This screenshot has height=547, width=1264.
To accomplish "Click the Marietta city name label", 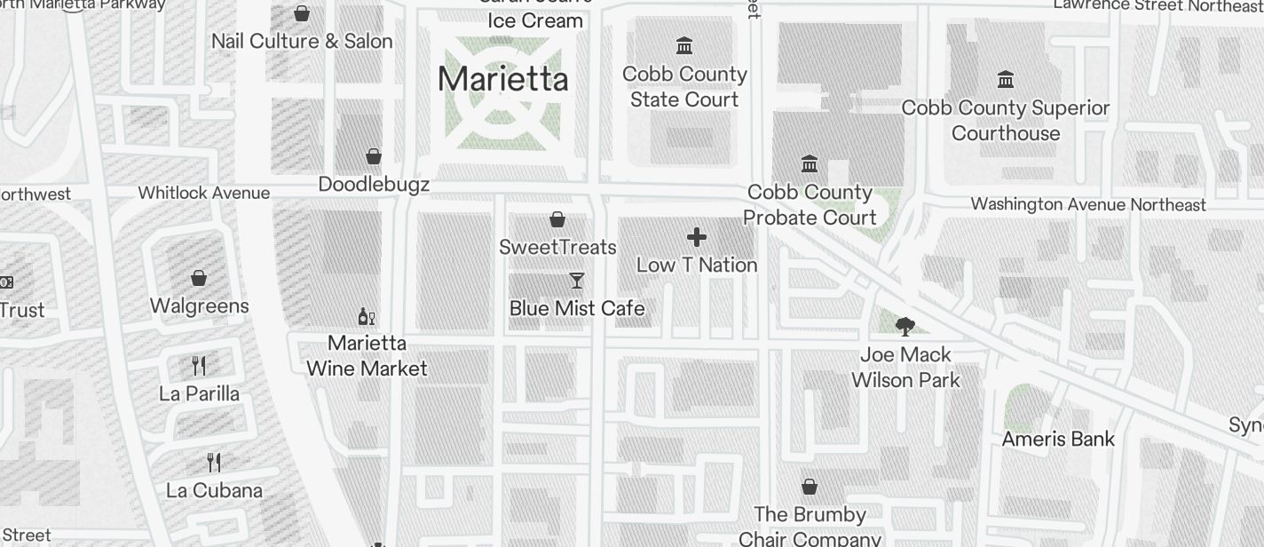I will (502, 79).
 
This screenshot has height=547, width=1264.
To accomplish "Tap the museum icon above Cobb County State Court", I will (684, 45).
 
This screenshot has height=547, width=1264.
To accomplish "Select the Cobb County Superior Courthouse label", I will (1006, 121).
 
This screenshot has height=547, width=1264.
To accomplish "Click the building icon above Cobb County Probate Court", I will (810, 164).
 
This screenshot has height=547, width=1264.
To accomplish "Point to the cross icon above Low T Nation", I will (697, 237).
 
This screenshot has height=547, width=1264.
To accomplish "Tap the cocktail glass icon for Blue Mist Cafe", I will (577, 281).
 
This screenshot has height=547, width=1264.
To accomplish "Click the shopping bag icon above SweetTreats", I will (557, 219).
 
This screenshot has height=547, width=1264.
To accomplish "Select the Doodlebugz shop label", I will (374, 185).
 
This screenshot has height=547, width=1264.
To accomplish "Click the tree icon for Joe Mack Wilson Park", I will (905, 327).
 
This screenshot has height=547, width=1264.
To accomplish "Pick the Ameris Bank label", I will (1058, 439).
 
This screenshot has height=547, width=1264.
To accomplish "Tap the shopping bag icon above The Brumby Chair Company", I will (810, 487).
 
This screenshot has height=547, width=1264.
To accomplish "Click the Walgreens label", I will (199, 306).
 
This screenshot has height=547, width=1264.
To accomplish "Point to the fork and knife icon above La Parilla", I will (199, 365).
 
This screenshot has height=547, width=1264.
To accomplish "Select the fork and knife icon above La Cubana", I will (213, 462).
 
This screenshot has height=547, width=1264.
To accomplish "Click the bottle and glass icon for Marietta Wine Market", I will (366, 316).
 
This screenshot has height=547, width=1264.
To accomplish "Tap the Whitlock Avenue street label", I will (203, 193).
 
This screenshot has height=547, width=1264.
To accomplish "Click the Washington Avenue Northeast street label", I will (1088, 204).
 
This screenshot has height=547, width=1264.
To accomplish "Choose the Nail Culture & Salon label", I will (302, 42).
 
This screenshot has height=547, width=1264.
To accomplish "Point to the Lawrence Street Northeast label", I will (1157, 6).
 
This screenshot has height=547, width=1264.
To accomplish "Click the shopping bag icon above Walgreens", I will (199, 278).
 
